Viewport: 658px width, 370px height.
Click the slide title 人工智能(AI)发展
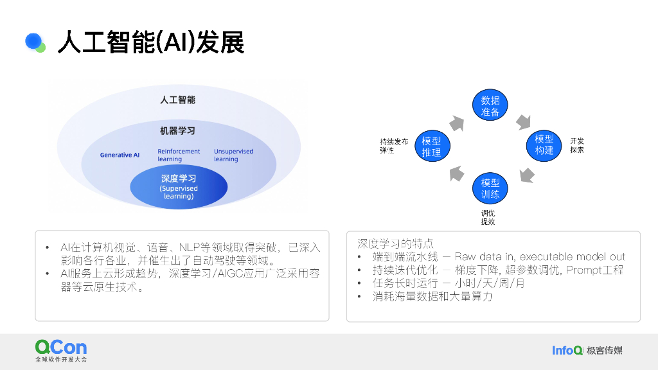(x=151, y=43)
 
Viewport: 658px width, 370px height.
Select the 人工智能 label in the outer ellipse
(x=177, y=100)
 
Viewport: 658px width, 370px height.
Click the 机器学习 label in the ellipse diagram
(x=177, y=131)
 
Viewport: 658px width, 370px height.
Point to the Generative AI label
(x=120, y=155)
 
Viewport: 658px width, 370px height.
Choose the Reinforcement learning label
(x=179, y=155)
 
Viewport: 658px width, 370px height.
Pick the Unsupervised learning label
(x=233, y=155)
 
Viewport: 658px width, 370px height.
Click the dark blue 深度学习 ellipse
(x=179, y=188)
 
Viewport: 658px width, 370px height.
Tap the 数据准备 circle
(x=490, y=106)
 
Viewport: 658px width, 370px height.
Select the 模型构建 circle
(x=544, y=145)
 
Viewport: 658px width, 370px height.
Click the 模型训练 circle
(x=490, y=188)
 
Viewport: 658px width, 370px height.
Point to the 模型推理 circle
(x=432, y=146)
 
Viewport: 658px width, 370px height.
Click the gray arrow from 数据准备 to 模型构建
(x=522, y=121)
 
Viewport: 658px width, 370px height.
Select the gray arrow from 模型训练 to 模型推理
(x=456, y=172)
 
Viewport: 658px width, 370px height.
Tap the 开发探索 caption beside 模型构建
(x=576, y=145)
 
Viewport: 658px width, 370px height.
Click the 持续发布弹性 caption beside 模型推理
(x=393, y=145)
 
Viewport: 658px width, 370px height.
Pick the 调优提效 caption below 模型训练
(x=488, y=217)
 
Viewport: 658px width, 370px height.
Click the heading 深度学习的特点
(x=395, y=243)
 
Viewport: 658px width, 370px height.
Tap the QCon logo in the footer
(x=61, y=350)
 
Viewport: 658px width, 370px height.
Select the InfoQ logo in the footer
(x=567, y=350)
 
